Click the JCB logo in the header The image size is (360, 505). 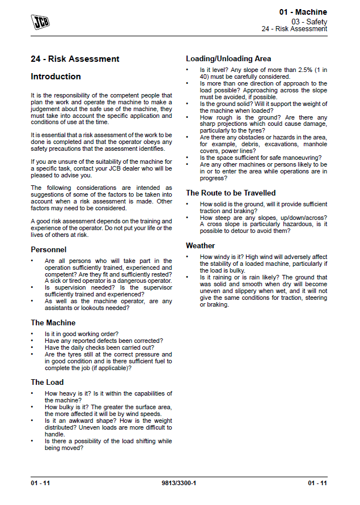pyautogui.click(x=40, y=22)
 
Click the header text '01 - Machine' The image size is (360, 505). pyautogui.click(x=303, y=12)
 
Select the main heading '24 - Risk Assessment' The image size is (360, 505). pyautogui.click(x=75, y=59)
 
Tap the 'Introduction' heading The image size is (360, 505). pyautogui.click(x=56, y=77)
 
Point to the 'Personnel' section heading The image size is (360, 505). pyautogui.click(x=48, y=249)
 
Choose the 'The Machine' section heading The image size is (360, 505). pyautogui.click(x=53, y=322)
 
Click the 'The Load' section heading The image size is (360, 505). pyautogui.click(x=47, y=382)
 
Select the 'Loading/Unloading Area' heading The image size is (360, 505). pyautogui.click(x=228, y=58)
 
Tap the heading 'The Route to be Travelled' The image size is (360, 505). pyautogui.click(x=231, y=193)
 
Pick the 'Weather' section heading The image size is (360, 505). pyautogui.click(x=200, y=245)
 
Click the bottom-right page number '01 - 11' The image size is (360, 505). pyautogui.click(x=317, y=483)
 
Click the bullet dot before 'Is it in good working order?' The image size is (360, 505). pyautogui.click(x=33, y=334)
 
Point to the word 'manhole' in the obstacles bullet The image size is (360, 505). pyautogui.click(x=315, y=144)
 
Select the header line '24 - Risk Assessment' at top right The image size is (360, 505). pyautogui.click(x=294, y=29)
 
